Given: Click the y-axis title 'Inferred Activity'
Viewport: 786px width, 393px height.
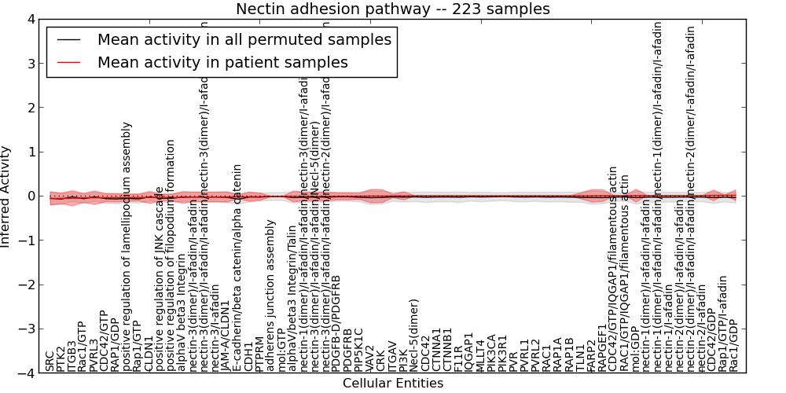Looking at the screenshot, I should pyautogui.click(x=6, y=196).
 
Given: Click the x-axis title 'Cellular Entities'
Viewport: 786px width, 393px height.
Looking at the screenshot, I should pyautogui.click(x=393, y=384).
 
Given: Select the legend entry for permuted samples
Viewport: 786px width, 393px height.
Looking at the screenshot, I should pyautogui.click(x=244, y=40).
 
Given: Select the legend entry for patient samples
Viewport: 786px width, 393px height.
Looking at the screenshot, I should pyautogui.click(x=222, y=63).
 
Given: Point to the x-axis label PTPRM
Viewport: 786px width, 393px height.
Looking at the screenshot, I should pyautogui.click(x=260, y=352).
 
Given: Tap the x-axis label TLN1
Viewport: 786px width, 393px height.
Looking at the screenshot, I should pyautogui.click(x=580, y=358).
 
